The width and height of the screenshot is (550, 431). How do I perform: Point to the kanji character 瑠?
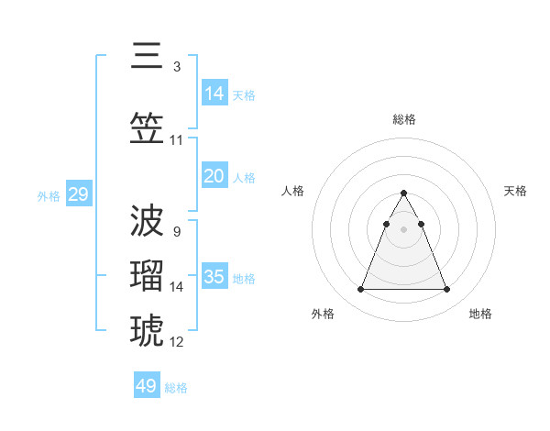pyautogui.click(x=148, y=275)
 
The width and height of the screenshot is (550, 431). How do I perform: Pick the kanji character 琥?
pyautogui.click(x=148, y=330)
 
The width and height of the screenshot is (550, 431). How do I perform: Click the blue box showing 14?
pyautogui.click(x=214, y=93)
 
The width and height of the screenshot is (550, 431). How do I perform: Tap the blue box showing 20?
pyautogui.click(x=214, y=176)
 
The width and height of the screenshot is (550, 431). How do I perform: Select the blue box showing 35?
pyautogui.click(x=214, y=277)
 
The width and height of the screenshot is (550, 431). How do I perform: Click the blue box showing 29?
pyautogui.click(x=78, y=194)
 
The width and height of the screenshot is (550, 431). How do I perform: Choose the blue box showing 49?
pyautogui.click(x=147, y=386)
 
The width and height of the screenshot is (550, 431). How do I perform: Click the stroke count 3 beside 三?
pyautogui.click(x=176, y=66)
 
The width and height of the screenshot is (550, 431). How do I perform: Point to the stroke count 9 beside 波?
pyautogui.click(x=176, y=231)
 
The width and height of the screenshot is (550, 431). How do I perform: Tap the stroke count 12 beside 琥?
pyautogui.click(x=177, y=341)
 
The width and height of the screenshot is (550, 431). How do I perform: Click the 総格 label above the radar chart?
pyautogui.click(x=403, y=119)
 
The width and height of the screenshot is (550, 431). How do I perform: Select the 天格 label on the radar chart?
pyautogui.click(x=515, y=191)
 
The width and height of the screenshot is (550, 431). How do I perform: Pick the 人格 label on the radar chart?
pyautogui.click(x=292, y=191)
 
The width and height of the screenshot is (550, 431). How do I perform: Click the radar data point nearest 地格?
pyautogui.click(x=446, y=290)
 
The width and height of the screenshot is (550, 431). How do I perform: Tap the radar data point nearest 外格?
pyautogui.click(x=360, y=290)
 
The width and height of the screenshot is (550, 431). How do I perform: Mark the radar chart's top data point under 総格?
pyautogui.click(x=403, y=193)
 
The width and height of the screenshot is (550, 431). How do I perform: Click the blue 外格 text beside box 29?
pyautogui.click(x=48, y=195)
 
